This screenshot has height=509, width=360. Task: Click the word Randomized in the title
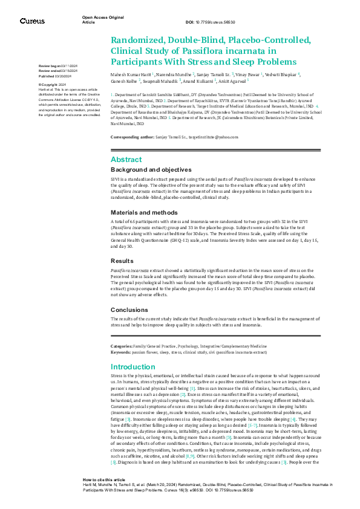[134, 41]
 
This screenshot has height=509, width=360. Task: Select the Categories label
[122, 345]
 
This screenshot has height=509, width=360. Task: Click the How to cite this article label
[105, 479]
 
